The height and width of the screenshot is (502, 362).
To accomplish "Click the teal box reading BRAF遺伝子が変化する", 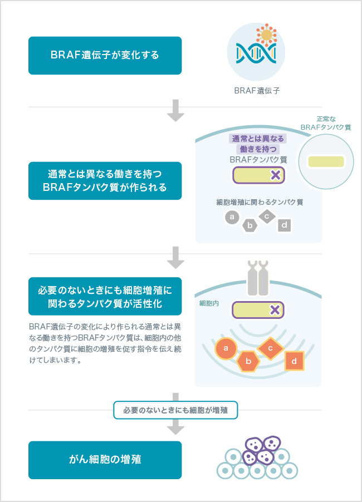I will (105, 56).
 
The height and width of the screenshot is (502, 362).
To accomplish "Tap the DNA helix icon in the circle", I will (253, 52).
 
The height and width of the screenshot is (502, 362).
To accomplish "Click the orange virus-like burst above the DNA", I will (267, 35).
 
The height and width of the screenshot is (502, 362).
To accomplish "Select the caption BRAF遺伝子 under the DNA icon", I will (257, 91).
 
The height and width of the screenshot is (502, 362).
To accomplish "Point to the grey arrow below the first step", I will (176, 110).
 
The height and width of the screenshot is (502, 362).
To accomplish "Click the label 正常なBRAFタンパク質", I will (326, 123).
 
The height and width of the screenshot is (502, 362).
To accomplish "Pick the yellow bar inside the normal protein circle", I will (326, 161).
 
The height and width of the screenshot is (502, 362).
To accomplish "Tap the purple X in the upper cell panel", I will (275, 175).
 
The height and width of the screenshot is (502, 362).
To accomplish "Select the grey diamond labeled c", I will (267, 216).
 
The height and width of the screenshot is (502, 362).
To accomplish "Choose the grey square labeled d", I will (285, 225).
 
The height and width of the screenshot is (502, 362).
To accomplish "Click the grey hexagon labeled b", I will (250, 225).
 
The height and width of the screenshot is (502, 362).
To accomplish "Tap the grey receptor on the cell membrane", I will (257, 279).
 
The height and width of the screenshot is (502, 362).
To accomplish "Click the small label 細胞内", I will (208, 304).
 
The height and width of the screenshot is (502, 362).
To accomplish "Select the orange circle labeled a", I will (226, 348).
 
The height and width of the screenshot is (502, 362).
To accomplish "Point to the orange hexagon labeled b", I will (249, 362).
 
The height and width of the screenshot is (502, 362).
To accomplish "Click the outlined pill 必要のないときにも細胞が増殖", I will (175, 410).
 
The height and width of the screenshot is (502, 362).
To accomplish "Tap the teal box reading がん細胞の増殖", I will (105, 460).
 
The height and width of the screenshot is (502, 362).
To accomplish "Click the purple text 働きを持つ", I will (257, 149).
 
